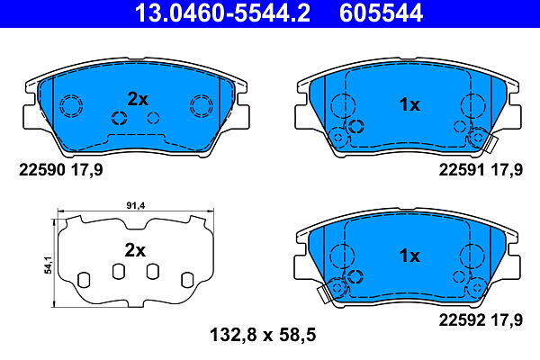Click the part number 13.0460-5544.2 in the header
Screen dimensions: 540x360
pyautogui.click(x=222, y=13)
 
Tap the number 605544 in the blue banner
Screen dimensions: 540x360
pyautogui.click(x=381, y=13)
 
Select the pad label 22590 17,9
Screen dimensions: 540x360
pyautogui.click(x=61, y=170)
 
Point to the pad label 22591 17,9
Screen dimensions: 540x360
pyautogui.click(x=481, y=170)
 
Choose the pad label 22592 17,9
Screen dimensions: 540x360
pyautogui.click(x=481, y=320)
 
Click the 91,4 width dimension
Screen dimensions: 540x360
pyautogui.click(x=136, y=206)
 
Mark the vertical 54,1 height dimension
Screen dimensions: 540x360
pyautogui.click(x=49, y=265)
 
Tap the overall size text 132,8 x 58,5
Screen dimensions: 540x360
pyautogui.click(x=263, y=335)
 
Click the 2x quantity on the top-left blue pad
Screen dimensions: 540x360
pyautogui.click(x=138, y=100)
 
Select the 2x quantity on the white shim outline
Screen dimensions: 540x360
pyautogui.click(x=135, y=251)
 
